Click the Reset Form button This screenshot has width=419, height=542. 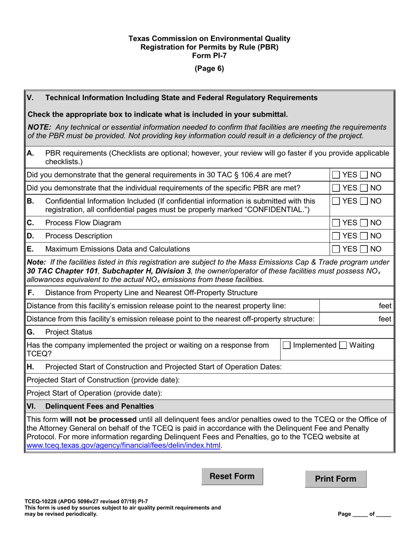[x=232, y=476]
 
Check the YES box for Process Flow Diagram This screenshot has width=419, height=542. [x=336, y=223]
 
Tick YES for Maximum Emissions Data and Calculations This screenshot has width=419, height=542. [x=336, y=249]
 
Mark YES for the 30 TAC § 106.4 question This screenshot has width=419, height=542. [x=336, y=175]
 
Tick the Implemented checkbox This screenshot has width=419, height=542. [x=287, y=345]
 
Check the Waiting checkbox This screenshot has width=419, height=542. [x=343, y=345]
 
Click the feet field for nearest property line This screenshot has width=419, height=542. [x=355, y=306]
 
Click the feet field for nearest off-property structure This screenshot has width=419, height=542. [x=355, y=319]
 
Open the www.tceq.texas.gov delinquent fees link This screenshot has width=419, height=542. [x=123, y=445]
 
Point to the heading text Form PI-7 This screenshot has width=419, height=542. [x=209, y=55]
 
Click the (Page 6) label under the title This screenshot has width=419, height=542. [x=209, y=68]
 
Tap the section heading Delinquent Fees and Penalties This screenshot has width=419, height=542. [x=100, y=406]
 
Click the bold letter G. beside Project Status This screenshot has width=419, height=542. [x=30, y=332]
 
